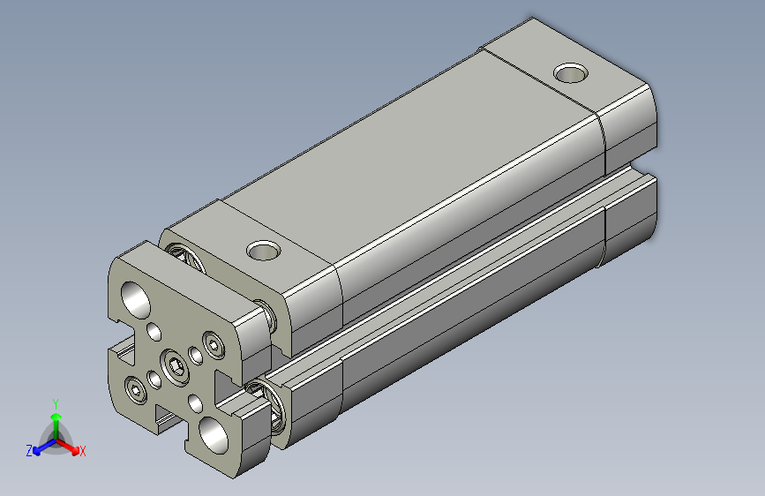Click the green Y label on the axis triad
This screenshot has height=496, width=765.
pos(56,402)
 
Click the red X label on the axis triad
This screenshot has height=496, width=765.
pos(83,451)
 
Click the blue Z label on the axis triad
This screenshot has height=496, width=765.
pos(29,450)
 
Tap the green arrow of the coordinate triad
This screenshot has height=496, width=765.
pos(56,422)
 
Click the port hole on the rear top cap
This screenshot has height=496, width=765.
pos(571,71)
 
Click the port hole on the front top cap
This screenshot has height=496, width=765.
pos(262,251)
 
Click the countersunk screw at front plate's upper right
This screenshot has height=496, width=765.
pos(213,343)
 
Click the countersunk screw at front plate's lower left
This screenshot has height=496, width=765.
pos(135,388)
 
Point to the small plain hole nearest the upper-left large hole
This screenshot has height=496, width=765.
pos(154,332)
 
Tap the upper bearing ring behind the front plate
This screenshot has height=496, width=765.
pos(188,255)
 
